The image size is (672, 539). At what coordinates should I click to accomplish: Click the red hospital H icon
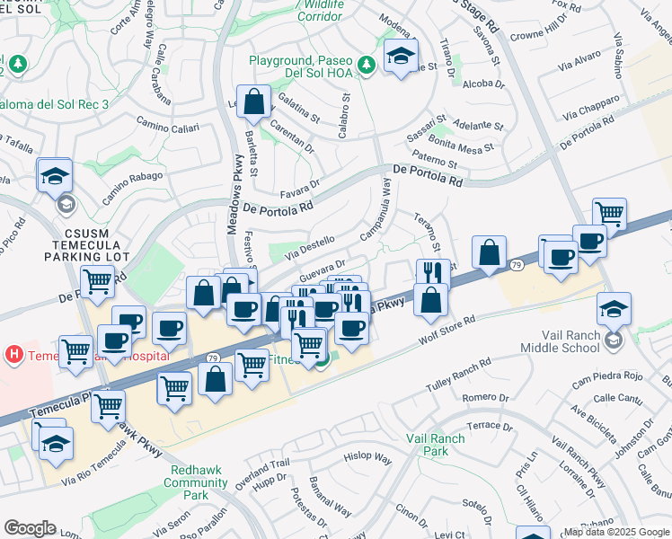(13, 354)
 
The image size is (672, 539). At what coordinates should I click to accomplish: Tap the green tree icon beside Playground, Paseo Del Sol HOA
(366, 65)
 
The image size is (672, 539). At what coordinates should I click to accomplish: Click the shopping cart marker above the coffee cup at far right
(609, 214)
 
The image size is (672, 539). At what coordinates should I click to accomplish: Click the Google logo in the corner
(30, 528)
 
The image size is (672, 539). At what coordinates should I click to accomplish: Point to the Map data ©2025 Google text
(616, 532)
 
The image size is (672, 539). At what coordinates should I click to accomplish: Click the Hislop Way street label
(368, 457)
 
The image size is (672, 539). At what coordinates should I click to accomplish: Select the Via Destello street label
(310, 247)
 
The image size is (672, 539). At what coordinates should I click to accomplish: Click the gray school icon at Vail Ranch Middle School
(614, 340)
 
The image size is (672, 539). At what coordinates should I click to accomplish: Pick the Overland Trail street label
(265, 469)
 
